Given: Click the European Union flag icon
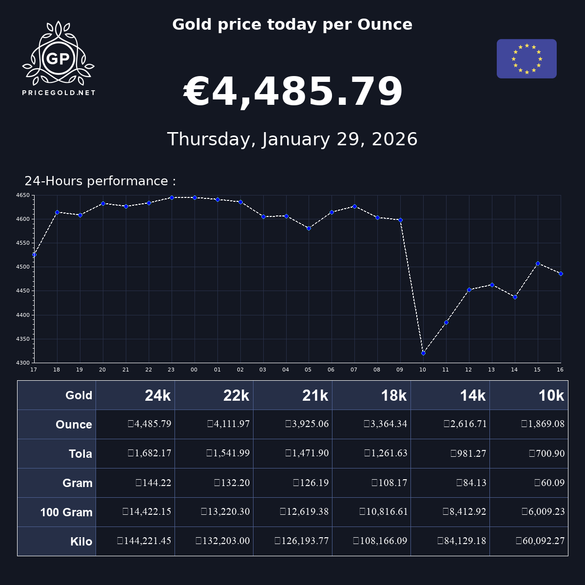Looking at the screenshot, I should click(526, 58).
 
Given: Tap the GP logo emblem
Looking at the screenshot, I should click(58, 58).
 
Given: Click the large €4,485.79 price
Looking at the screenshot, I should click(293, 92).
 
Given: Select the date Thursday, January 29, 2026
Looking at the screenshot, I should click(292, 139).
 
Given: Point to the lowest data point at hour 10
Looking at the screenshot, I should click(423, 353).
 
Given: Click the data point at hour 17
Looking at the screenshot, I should click(34, 254).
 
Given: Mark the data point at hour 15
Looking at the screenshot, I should click(538, 263).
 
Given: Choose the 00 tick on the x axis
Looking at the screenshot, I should click(194, 370).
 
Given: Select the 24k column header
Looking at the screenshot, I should click(157, 395).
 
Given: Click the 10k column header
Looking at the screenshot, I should click(551, 395).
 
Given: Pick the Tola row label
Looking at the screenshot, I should click(80, 454).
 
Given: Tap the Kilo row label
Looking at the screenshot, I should click(81, 542).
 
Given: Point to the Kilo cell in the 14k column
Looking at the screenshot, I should click(462, 541).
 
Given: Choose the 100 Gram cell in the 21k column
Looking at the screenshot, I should click(304, 512).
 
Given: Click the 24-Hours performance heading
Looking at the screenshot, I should click(100, 181).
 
